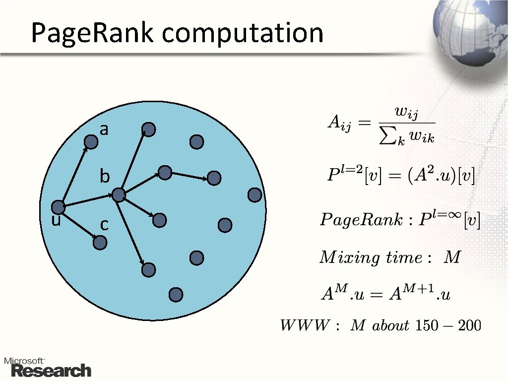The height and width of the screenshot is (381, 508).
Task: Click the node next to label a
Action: tap(91, 142)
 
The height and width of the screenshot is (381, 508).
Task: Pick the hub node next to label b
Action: tap(119, 194)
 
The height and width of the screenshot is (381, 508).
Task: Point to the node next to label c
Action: tap(100, 242)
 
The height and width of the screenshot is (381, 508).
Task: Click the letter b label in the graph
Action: tap(104, 177)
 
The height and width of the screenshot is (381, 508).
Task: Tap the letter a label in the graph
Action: tap(104, 130)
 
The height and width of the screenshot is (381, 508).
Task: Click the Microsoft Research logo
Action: tap(48, 367)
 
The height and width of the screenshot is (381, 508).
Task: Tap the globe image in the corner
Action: tap(471, 32)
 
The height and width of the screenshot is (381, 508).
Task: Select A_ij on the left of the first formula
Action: tap(339, 123)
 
